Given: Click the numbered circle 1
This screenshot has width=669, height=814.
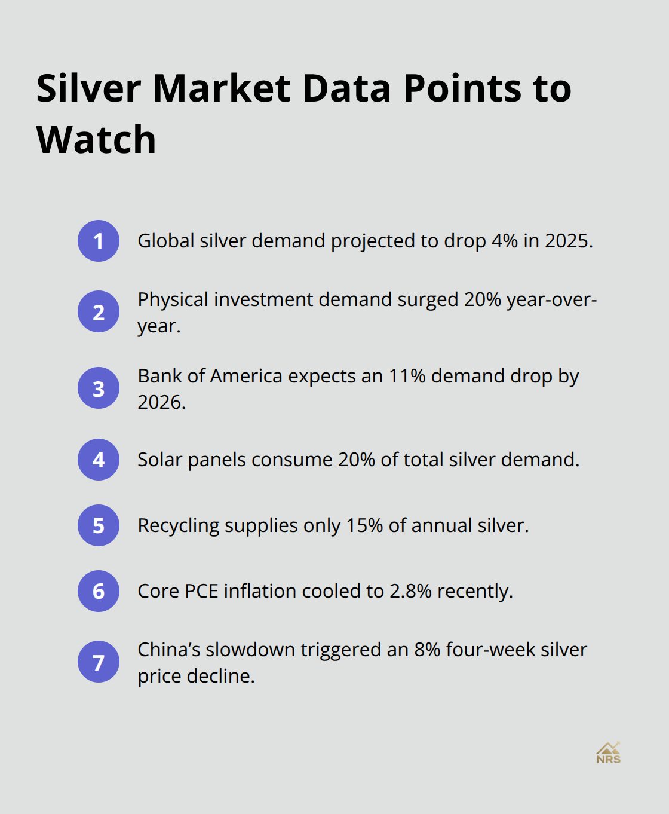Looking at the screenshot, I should (x=99, y=241).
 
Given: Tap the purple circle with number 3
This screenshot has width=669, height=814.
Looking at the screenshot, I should (x=99, y=388).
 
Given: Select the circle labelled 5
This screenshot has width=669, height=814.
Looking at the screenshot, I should (x=99, y=525).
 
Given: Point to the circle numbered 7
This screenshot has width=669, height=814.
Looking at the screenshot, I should (x=99, y=662).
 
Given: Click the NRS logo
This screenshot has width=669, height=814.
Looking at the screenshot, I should (x=608, y=753).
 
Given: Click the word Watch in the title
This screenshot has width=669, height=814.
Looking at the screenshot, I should (x=96, y=140).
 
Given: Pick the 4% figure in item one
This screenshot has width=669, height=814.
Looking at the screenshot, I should (x=504, y=241).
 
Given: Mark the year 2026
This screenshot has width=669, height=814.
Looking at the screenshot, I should (x=161, y=402).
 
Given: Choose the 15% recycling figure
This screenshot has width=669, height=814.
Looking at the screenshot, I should (x=364, y=525).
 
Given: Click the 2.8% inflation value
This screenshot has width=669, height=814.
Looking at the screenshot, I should (x=410, y=591).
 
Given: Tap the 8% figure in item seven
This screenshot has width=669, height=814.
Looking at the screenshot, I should (x=427, y=650).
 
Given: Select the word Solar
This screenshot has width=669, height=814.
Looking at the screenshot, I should (x=159, y=460).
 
